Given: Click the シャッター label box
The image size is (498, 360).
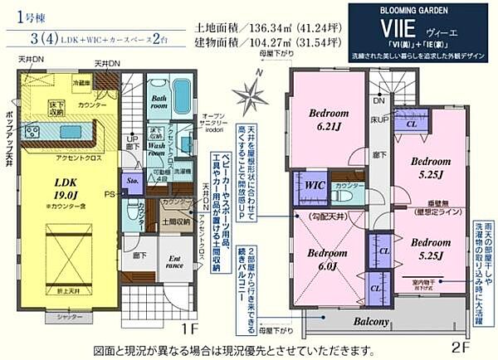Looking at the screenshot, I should click(x=52, y=317).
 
